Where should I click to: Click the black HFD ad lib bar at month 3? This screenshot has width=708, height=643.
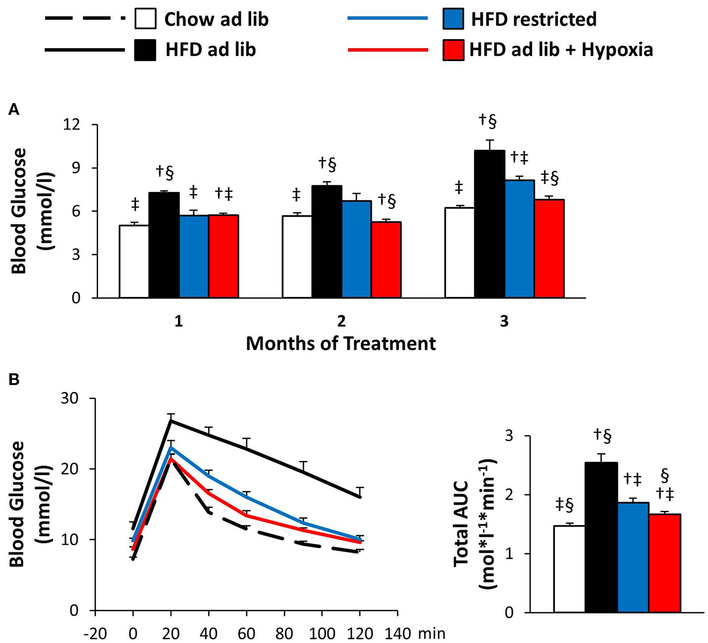pos(490,224)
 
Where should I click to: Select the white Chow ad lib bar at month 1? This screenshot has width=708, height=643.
pos(134,262)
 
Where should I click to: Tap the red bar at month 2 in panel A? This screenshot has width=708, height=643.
pos(386,260)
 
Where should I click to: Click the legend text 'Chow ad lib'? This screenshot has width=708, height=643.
pos(216,19)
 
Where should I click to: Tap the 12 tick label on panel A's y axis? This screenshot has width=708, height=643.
pos(72,125)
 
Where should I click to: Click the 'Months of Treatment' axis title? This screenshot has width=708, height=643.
pos(341,344)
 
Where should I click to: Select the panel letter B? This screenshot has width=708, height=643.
pos(14,379)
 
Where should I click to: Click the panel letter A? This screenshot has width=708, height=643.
pos(14,110)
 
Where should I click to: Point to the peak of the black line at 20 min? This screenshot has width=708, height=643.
pos(171,421)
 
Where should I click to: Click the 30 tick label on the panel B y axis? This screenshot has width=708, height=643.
pos(72,399)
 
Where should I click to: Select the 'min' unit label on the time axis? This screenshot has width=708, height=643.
pos(431,633)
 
